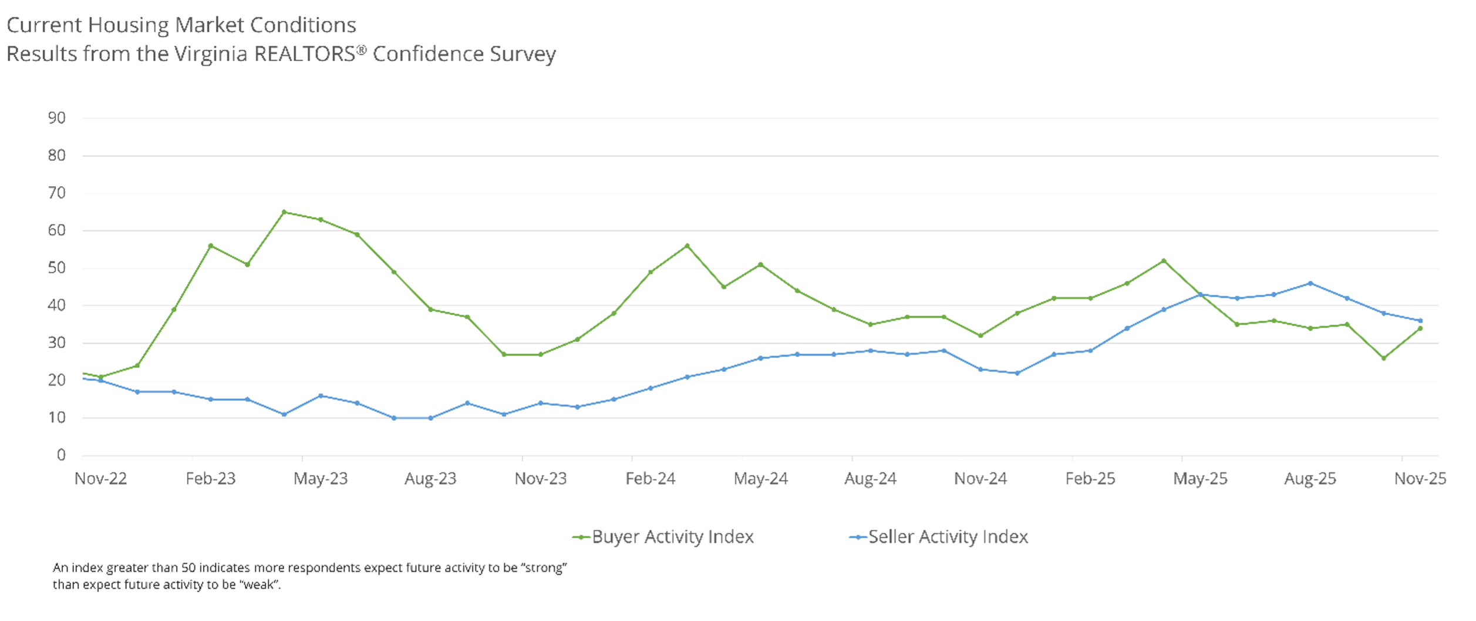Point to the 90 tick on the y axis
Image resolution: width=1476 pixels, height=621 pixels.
57,118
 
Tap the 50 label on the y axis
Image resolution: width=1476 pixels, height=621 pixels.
57,268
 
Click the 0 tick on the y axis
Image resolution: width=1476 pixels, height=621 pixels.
61,455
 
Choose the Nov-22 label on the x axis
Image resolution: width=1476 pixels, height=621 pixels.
100,479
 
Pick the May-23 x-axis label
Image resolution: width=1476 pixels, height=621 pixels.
321,479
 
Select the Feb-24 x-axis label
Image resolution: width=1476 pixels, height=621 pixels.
651,479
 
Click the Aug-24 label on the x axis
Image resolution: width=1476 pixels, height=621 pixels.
870,479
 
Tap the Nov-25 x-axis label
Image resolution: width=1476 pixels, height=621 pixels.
1420,479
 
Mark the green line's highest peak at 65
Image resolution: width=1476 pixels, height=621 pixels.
284,212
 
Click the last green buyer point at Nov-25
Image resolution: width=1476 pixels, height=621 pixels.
1420,328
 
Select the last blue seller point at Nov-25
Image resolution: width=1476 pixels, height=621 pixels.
1420,321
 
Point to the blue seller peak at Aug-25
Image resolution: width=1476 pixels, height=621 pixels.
1310,283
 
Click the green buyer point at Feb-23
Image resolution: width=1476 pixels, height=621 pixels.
211,246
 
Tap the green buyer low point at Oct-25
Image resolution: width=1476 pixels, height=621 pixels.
1384,358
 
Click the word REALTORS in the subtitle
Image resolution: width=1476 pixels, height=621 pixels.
304,54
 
